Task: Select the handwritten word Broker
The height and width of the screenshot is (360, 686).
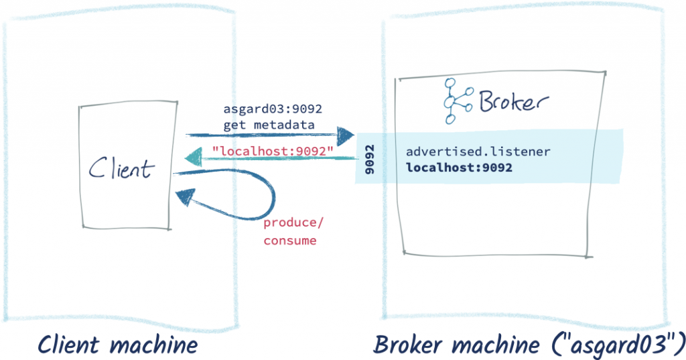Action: [513, 101]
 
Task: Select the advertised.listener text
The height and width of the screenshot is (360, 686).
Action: [478, 152]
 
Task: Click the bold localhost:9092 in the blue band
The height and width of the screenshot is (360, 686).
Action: [459, 167]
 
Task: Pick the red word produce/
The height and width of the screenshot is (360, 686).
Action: [291, 224]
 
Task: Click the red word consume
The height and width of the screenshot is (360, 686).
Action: [290, 240]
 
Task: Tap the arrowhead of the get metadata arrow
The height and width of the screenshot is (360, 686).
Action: [345, 137]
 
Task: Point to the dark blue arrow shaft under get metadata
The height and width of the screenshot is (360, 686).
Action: [261, 136]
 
